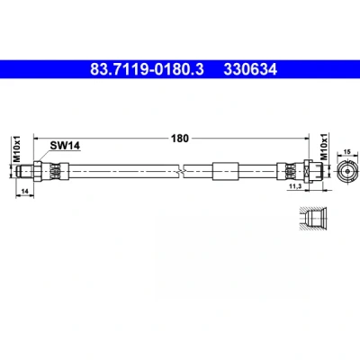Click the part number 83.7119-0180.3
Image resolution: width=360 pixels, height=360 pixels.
pyautogui.click(x=147, y=69)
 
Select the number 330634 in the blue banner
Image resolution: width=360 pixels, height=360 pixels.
pyautogui.click(x=250, y=69)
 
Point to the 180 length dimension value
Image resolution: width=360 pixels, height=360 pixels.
pyautogui.click(x=180, y=139)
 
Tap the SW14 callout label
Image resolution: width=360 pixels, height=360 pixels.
pyautogui.click(x=65, y=146)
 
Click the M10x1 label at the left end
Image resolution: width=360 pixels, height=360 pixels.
pyautogui.click(x=17, y=148)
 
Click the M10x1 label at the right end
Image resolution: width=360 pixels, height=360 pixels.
pyautogui.click(x=324, y=147)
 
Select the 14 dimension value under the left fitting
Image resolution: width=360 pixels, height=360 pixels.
pyautogui.click(x=25, y=191)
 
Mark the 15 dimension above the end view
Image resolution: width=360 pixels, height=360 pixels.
pyautogui.click(x=347, y=152)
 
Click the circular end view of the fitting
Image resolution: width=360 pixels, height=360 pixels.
pyautogui.click(x=347, y=171)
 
